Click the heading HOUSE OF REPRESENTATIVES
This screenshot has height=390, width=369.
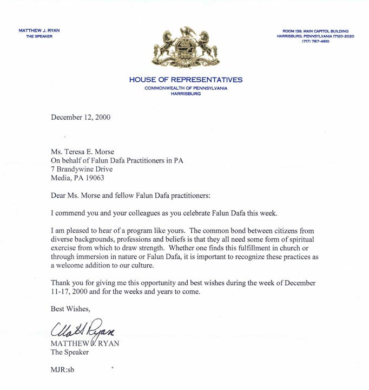(x=186, y=80)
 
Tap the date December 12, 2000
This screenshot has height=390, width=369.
(x=81, y=118)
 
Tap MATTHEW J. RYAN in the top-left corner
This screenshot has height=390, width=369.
(x=39, y=31)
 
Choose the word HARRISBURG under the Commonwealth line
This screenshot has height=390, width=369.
(x=186, y=94)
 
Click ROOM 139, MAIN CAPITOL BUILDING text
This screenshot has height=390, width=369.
(x=314, y=31)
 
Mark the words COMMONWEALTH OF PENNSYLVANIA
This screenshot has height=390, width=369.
(x=186, y=88)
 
